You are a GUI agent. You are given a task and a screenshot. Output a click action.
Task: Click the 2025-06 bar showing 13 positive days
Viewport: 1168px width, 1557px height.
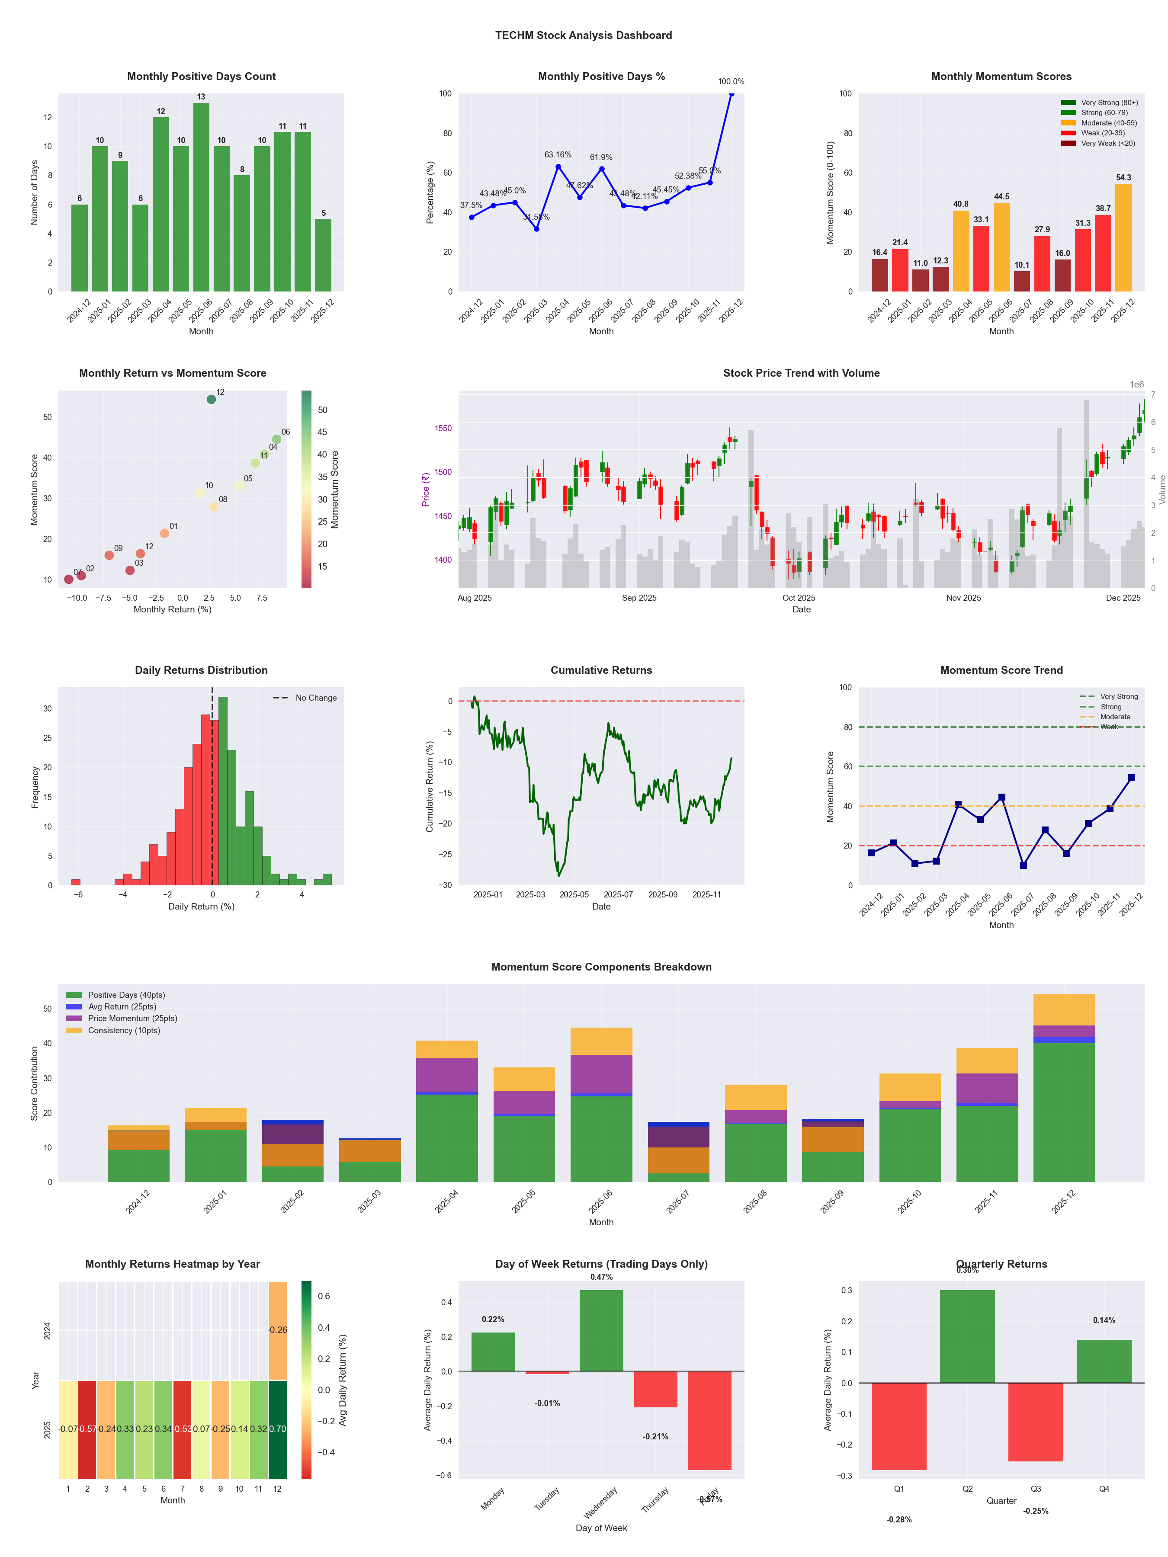[201, 197]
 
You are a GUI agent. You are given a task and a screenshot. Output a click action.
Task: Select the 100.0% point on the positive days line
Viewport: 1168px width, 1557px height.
[732, 93]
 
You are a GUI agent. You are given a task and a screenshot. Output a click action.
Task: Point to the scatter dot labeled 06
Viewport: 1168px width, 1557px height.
[277, 439]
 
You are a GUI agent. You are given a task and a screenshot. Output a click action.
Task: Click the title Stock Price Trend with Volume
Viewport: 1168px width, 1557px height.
[801, 373]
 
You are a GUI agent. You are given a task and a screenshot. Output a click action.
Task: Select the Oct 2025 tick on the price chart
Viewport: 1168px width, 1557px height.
[799, 598]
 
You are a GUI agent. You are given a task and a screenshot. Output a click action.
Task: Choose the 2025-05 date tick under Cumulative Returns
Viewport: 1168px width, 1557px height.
[574, 895]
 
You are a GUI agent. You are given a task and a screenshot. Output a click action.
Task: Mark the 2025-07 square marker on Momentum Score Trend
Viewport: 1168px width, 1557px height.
[1023, 865]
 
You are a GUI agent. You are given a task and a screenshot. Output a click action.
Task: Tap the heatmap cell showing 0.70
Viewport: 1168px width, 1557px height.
[277, 1429]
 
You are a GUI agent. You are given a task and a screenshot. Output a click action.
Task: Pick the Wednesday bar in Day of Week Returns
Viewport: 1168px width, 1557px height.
[601, 1330]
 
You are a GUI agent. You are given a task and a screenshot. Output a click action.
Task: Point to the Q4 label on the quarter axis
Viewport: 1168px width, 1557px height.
[1104, 1489]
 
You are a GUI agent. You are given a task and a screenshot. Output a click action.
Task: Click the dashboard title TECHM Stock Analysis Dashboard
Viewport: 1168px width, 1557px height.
[584, 35]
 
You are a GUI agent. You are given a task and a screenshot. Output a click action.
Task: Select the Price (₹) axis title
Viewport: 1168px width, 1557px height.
[425, 489]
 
